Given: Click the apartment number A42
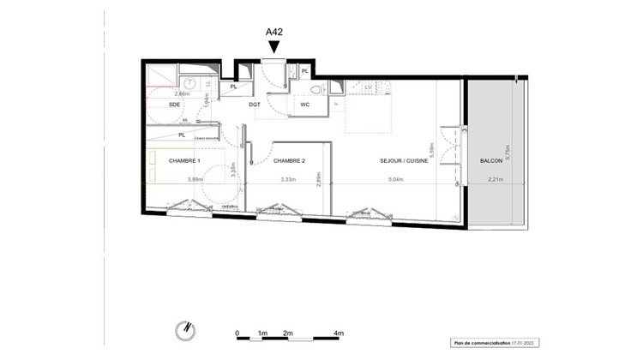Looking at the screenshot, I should pos(273,32).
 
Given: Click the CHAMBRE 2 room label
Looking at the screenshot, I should pos(289,160).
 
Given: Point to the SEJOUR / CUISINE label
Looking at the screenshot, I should pos(406,160).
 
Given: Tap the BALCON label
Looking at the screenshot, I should pos(491,160).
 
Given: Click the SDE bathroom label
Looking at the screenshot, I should pos(175,104).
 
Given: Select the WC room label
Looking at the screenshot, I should pos(304,105).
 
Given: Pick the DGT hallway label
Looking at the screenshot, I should pos(255,105).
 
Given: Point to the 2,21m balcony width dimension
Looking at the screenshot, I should pos(495,180).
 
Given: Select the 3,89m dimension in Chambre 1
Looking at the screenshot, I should pos(195,180).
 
